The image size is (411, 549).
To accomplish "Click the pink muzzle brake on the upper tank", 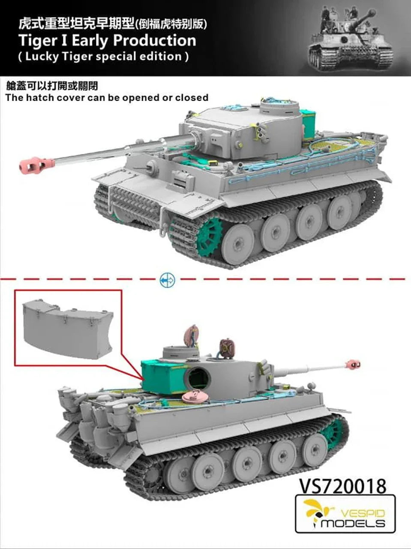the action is (37, 165).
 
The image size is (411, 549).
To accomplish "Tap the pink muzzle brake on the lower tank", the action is (353, 365).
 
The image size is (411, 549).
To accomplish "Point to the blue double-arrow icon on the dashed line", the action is (167, 280).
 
